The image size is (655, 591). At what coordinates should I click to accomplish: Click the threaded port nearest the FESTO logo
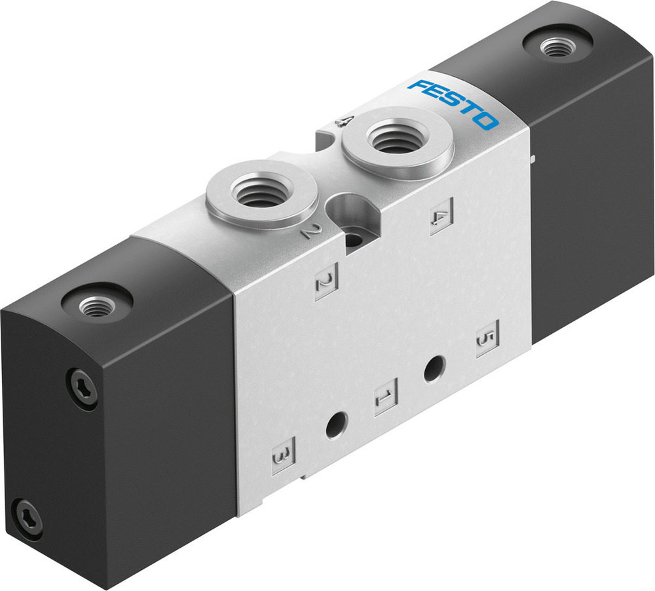click(397, 138)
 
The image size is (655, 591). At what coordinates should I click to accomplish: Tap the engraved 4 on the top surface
click(345, 121)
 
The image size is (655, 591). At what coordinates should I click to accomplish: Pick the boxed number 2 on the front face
click(326, 283)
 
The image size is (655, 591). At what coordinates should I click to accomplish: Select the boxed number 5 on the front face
click(487, 338)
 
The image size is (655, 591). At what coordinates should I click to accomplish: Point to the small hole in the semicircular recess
click(354, 239)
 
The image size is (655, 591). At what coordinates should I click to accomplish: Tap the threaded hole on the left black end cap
click(97, 305)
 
